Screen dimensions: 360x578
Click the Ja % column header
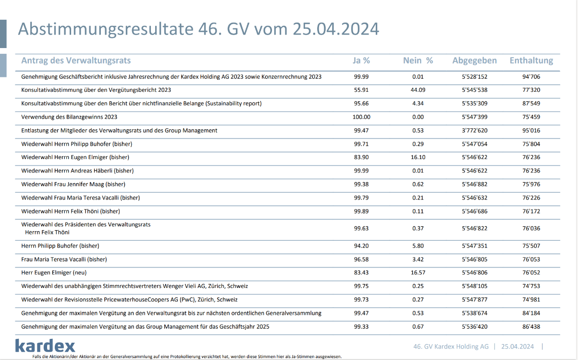361,61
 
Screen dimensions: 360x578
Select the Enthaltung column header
531,61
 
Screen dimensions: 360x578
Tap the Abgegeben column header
474,61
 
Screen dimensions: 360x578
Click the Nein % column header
418,61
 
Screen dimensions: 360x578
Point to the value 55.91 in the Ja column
361,90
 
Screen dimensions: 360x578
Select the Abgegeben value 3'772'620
474,130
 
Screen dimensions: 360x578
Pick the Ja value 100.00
361,117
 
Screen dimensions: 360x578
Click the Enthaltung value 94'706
531,76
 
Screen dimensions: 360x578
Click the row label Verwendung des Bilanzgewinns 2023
69,117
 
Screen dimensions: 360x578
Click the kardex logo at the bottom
45,346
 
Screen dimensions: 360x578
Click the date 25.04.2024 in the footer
517,347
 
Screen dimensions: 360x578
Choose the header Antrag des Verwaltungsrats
76,61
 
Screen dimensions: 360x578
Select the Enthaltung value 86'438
531,326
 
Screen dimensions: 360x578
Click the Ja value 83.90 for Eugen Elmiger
361,157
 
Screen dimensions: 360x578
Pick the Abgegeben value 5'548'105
474,286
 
